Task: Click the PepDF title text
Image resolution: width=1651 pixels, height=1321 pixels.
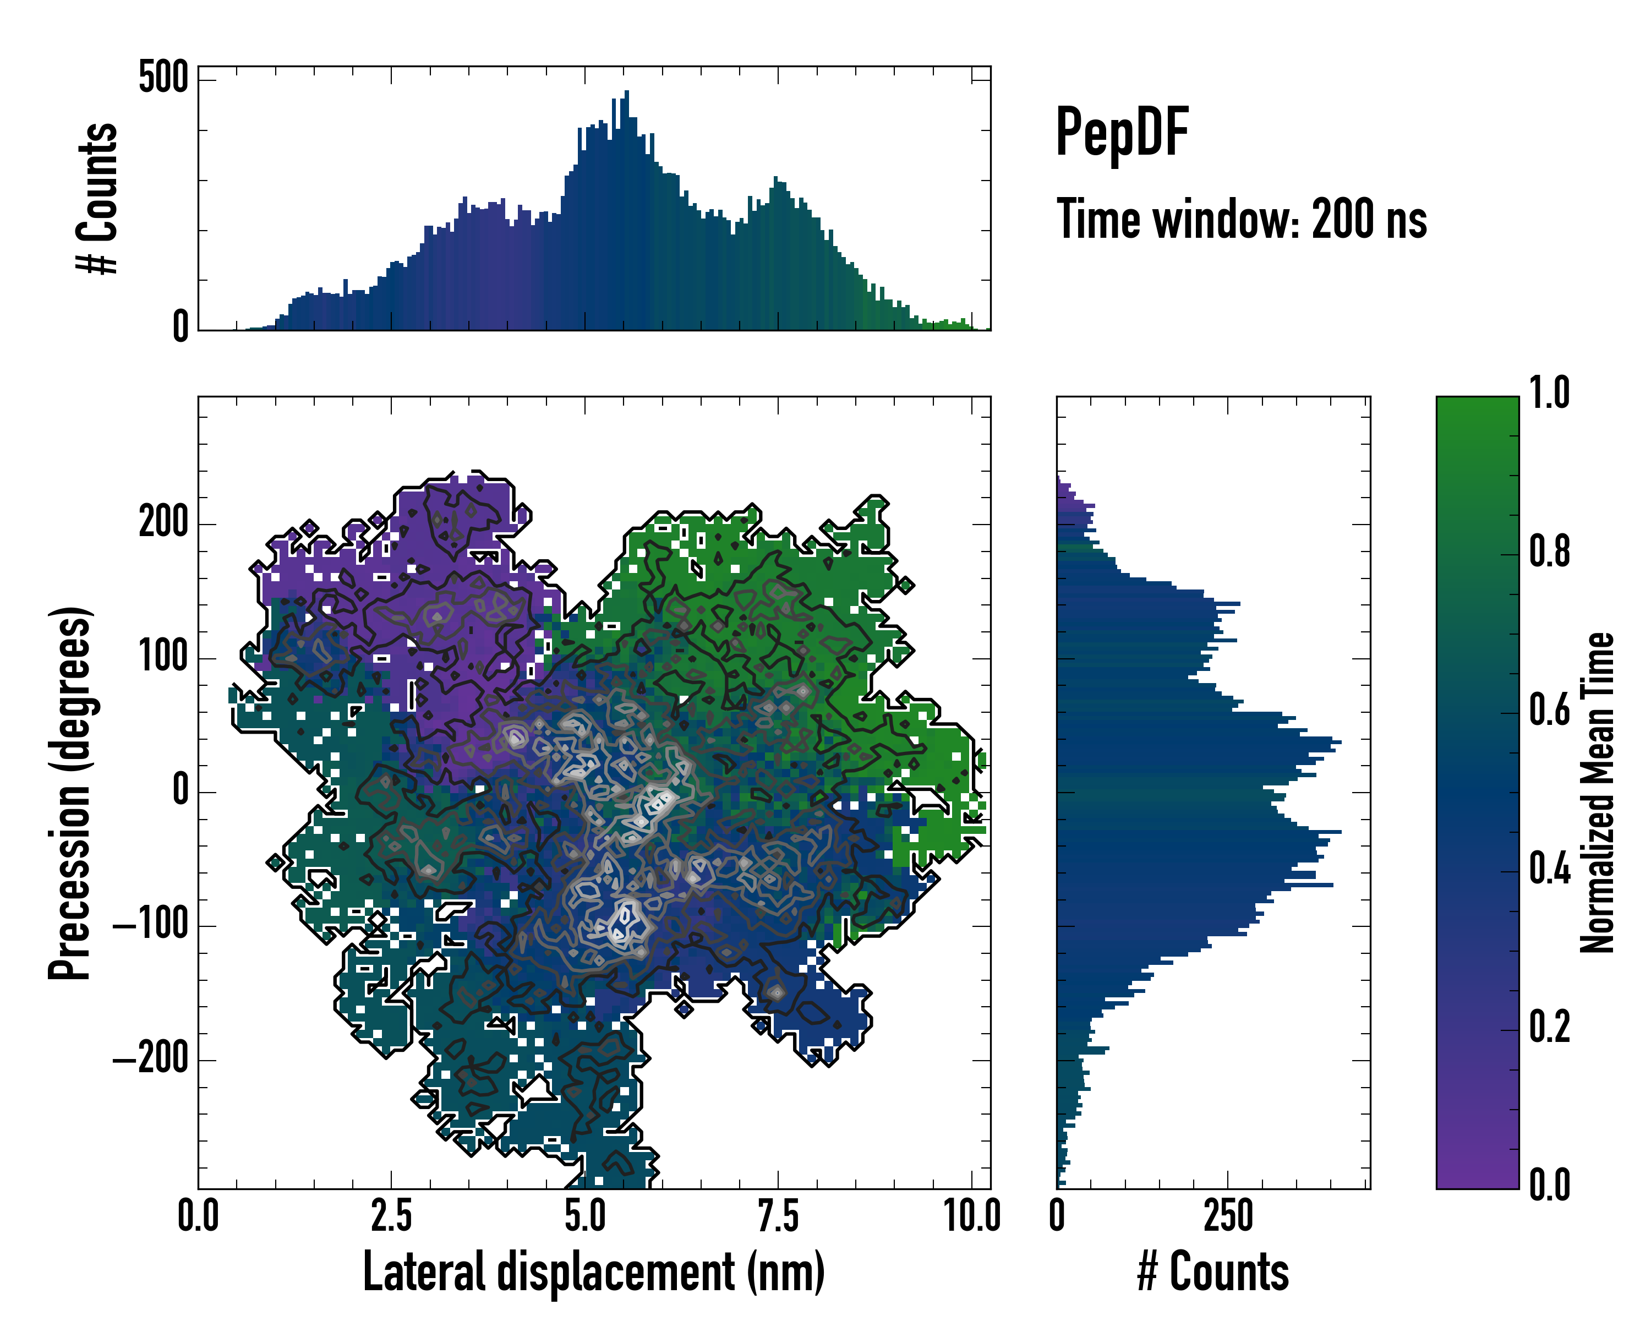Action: pos(1121,133)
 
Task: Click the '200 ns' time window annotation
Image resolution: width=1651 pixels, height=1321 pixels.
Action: pos(1369,220)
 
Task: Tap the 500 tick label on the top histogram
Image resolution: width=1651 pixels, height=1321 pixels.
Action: pos(163,78)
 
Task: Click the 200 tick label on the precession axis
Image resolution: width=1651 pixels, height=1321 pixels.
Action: pos(163,524)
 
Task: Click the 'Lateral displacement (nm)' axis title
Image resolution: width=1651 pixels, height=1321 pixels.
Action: pos(593,1273)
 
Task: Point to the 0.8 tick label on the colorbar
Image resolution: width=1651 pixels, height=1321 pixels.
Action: pos(1549,552)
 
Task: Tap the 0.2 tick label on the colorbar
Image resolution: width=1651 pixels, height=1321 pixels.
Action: pos(1549,1028)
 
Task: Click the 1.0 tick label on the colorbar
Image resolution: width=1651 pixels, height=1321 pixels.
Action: pos(1549,393)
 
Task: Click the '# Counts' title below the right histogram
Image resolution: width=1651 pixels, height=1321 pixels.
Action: pos(1213,1273)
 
